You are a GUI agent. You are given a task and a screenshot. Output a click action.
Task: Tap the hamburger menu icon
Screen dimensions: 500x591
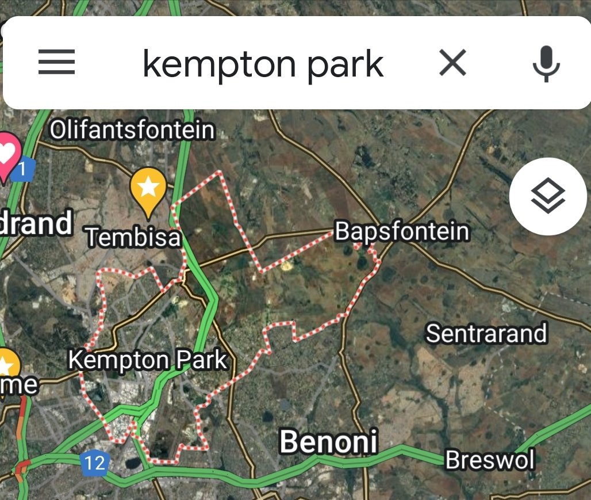pyautogui.click(x=56, y=62)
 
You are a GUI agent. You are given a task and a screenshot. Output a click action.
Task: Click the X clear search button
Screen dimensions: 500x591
pyautogui.click(x=452, y=62)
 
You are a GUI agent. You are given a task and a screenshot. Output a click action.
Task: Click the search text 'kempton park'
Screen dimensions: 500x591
pyautogui.click(x=263, y=63)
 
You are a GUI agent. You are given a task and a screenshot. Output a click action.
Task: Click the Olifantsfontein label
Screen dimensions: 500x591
pyautogui.click(x=132, y=130)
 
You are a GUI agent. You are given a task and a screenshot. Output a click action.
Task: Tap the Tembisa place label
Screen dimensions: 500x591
pyautogui.click(x=133, y=237)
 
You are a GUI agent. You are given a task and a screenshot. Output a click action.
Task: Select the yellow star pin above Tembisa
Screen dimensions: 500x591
pyautogui.click(x=148, y=187)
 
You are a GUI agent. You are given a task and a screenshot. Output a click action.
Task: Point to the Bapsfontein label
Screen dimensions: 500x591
pyautogui.click(x=402, y=232)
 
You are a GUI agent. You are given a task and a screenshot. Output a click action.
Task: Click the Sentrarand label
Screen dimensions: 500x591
pyautogui.click(x=486, y=333)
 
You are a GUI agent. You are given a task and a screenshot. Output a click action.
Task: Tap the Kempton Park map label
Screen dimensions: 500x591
pyautogui.click(x=148, y=360)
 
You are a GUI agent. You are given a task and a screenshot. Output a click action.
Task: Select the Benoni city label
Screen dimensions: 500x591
pyautogui.click(x=328, y=441)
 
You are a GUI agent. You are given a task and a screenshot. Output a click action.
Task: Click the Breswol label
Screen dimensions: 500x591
pyautogui.click(x=490, y=460)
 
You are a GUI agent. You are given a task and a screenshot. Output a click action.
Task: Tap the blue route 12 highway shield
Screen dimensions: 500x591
pyautogui.click(x=94, y=463)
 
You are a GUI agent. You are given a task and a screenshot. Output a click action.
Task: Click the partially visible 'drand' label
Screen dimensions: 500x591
pyautogui.click(x=36, y=223)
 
